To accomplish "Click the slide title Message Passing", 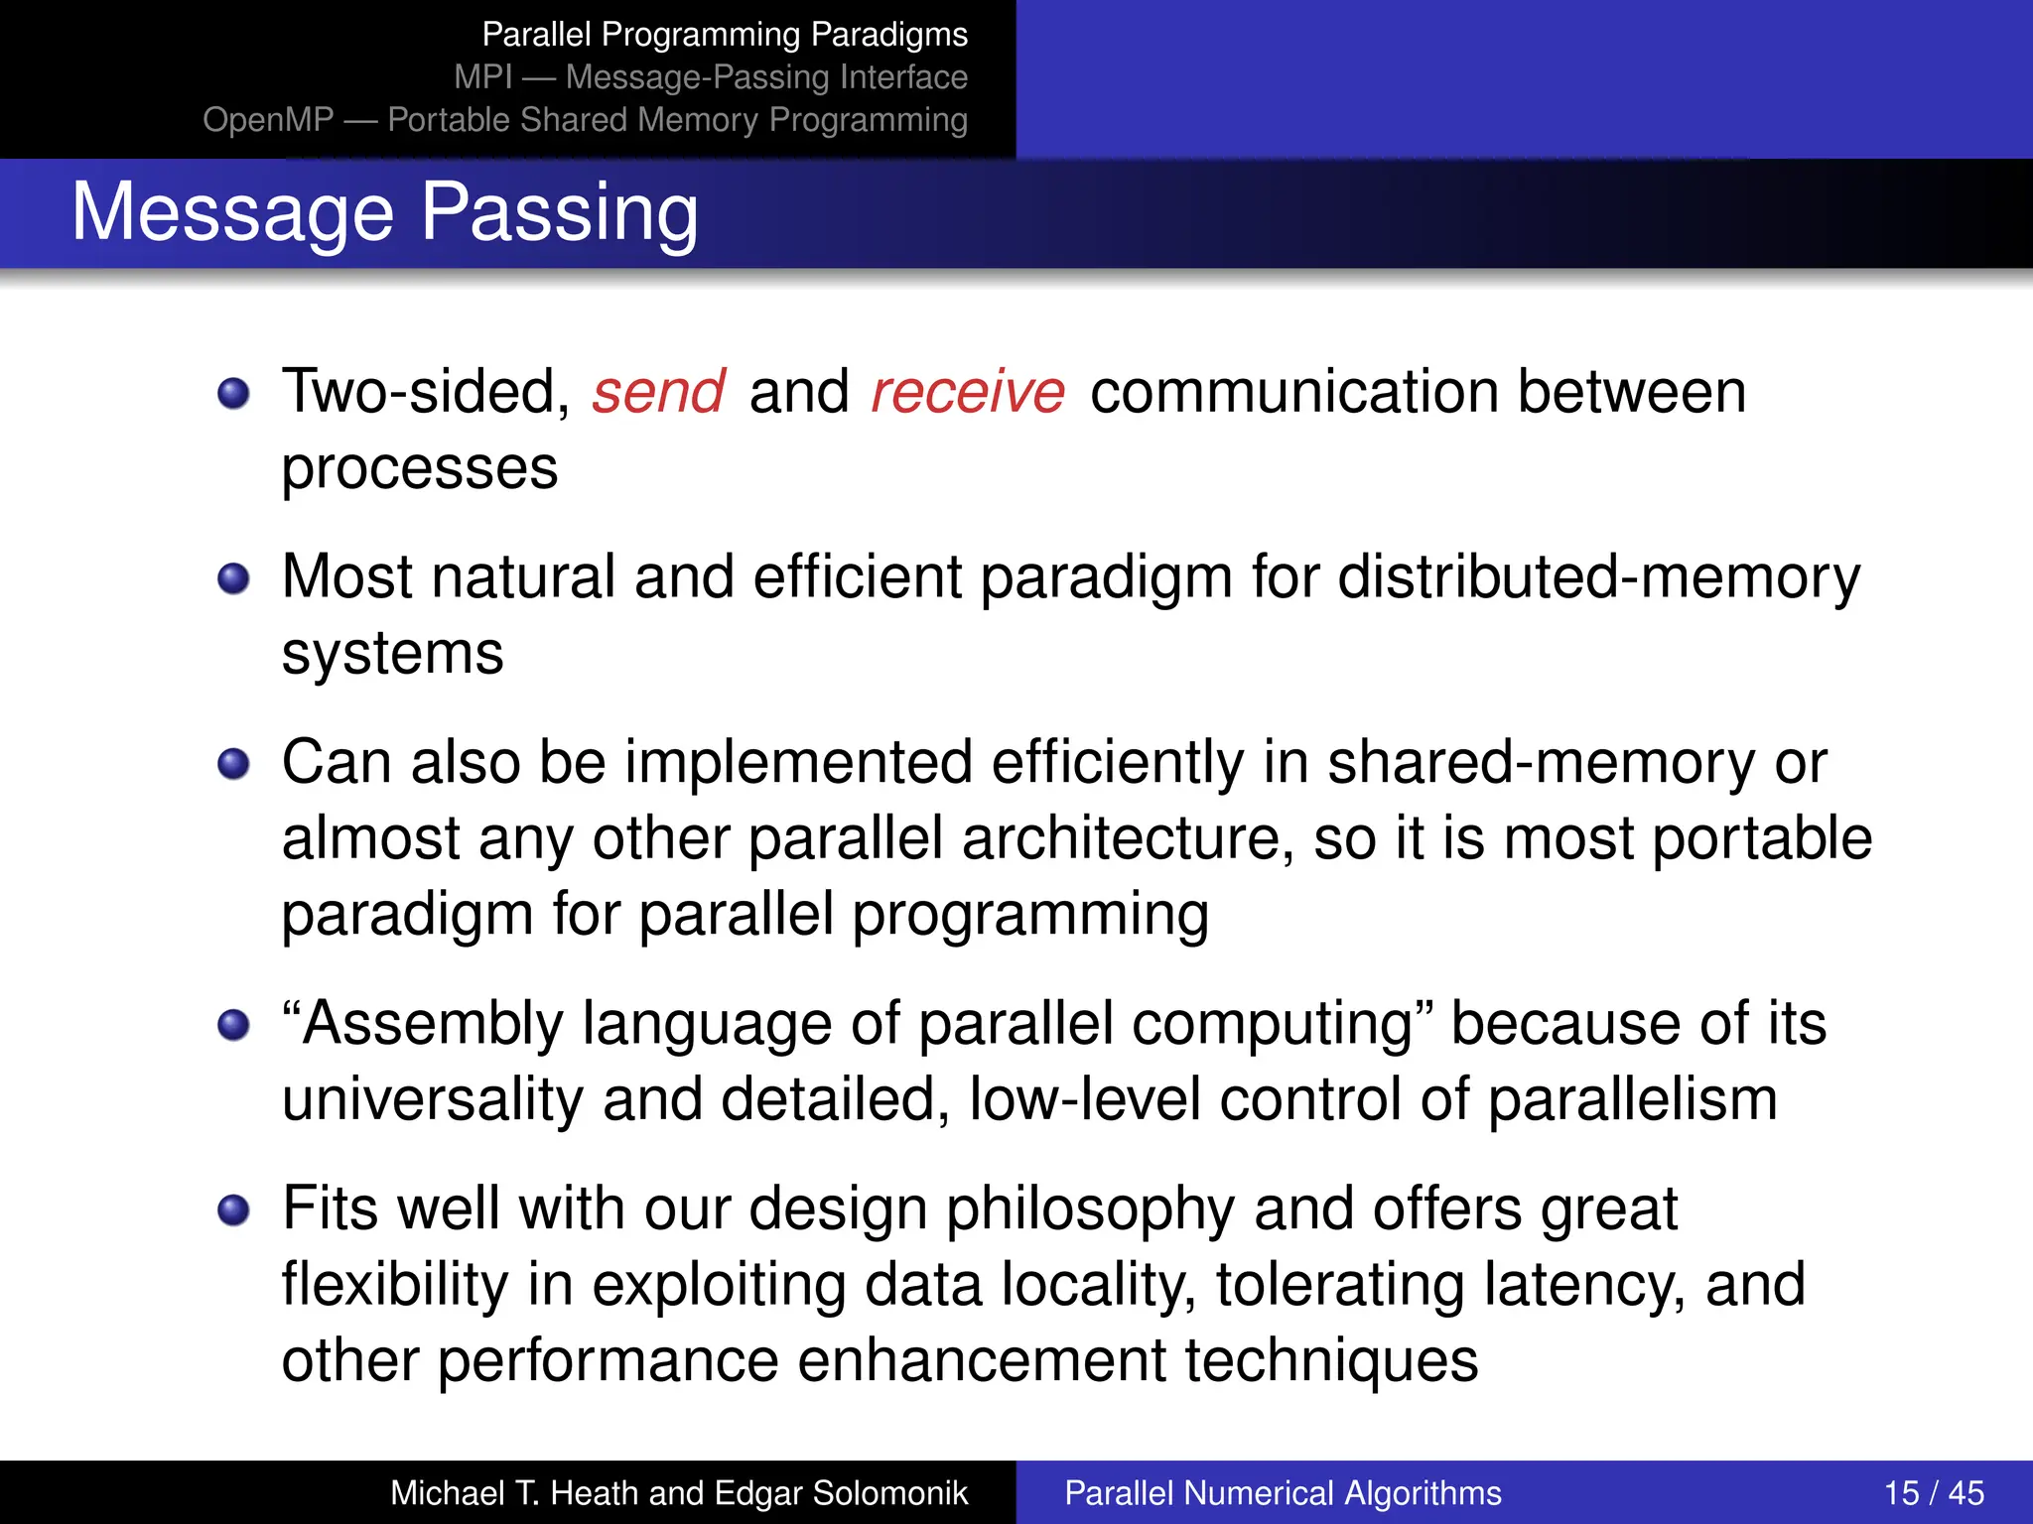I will pyautogui.click(x=385, y=212).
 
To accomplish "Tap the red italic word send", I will pyautogui.click(x=658, y=392).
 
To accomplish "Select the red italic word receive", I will pyautogui.click(x=968, y=392).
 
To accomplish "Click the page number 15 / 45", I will pyautogui.click(x=1933, y=1492).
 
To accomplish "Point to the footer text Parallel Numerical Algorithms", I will pyautogui.click(x=1283, y=1492).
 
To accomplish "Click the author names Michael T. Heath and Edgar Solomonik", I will pyautogui.click(x=678, y=1492).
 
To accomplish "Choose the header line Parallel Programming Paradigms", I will pyautogui.click(x=725, y=35).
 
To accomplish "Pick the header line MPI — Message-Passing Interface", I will pyautogui.click(x=711, y=77).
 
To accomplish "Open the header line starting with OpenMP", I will pyautogui.click(x=585, y=120).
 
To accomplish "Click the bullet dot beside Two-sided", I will pyautogui.click(x=234, y=393).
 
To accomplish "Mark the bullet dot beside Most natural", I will pyautogui.click(x=234, y=578).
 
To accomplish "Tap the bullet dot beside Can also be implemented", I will pyautogui.click(x=234, y=764).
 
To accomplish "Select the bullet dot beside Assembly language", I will pyautogui.click(x=234, y=1025).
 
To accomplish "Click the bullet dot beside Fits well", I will pyautogui.click(x=234, y=1210).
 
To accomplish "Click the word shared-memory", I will pyautogui.click(x=1542, y=764).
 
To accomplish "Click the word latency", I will pyautogui.click(x=1584, y=1286).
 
